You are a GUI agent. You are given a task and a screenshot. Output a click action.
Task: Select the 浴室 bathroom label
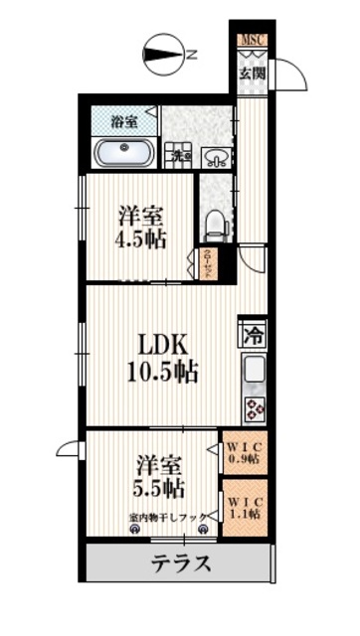pyautogui.click(x=123, y=121)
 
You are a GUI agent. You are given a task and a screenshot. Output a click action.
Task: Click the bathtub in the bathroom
pyautogui.click(x=123, y=153)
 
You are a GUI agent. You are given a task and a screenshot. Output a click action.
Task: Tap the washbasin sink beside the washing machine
pyautogui.click(x=216, y=155)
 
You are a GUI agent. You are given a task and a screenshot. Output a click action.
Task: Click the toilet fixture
pyautogui.click(x=213, y=223)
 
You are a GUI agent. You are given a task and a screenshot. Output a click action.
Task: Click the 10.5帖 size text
pyautogui.click(x=162, y=374)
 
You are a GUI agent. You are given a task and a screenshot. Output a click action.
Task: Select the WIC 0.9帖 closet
pyautogui.click(x=242, y=453)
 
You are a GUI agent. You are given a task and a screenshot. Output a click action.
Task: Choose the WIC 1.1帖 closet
pyautogui.click(x=242, y=508)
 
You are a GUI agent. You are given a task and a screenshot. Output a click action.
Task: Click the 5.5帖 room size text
pyautogui.click(x=160, y=488)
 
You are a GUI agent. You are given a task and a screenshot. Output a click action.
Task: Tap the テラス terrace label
pyautogui.click(x=180, y=564)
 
